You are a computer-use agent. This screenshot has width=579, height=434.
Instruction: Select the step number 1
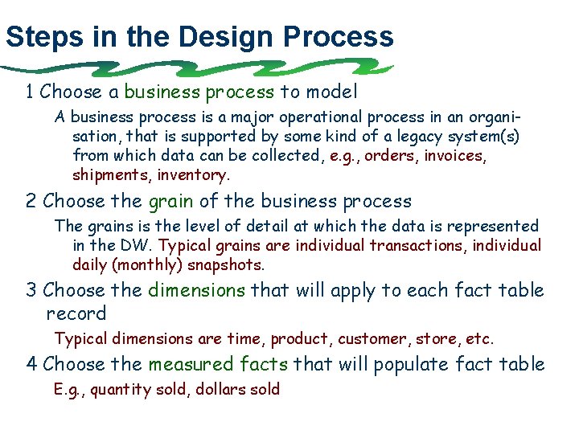31,92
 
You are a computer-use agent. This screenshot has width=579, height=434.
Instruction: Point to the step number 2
31,201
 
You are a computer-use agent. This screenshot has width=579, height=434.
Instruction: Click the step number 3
31,290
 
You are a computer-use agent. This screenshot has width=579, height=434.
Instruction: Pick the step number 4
31,364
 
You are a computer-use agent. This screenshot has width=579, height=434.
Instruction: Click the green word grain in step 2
171,202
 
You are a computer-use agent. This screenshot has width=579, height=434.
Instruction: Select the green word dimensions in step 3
197,290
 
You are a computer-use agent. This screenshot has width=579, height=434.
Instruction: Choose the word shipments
110,174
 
